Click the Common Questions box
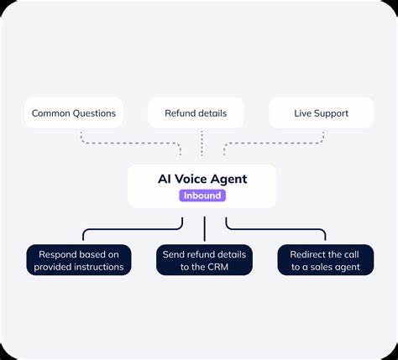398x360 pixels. coord(74,112)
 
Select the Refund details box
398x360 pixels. coord(196,112)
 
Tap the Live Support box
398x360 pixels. coord(320,112)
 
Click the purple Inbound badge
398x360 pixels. coord(202,196)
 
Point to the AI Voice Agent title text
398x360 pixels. coord(202,179)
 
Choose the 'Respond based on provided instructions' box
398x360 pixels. coord(79,260)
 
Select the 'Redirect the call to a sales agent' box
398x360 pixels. coord(325,260)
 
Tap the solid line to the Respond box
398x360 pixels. coord(126,228)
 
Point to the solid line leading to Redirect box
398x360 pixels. coord(277,228)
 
